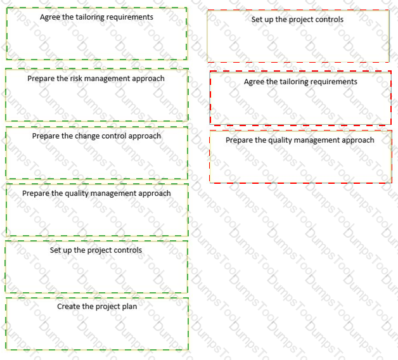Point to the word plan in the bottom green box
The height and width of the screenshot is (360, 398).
129,307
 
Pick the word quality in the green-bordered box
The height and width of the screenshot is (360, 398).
75,194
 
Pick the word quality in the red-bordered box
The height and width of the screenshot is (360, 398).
279,141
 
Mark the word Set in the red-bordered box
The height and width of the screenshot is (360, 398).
257,20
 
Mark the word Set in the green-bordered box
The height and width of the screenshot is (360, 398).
55,250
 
